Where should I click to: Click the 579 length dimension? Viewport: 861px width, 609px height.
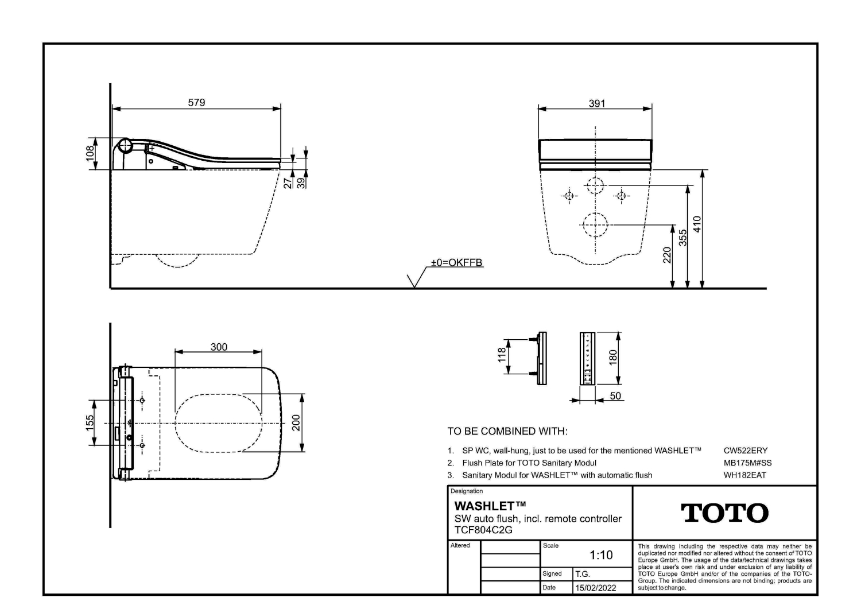coord(196,103)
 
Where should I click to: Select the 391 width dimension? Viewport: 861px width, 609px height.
coord(597,103)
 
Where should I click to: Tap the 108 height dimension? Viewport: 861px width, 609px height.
coord(90,153)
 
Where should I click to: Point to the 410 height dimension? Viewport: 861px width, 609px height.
coord(697,224)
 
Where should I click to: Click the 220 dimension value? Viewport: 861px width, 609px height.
coord(667,255)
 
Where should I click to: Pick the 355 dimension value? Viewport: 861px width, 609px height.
coord(682,238)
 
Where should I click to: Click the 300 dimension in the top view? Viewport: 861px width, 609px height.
coord(219,347)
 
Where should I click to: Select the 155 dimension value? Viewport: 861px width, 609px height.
coord(90,423)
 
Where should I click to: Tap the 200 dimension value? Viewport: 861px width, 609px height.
coord(296,423)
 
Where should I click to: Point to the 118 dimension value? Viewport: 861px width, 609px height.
coord(502,355)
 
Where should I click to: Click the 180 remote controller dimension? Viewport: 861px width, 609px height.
coord(613,358)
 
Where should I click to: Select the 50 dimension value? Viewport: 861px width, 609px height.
coord(615,396)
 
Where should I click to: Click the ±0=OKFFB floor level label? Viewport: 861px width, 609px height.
coord(457,262)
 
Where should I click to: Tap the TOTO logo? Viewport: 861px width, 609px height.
coord(724,513)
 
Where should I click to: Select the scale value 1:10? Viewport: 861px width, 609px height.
coord(601,555)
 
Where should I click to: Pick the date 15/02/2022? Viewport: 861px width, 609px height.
coord(595,588)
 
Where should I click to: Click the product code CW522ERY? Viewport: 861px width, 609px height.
coord(746,451)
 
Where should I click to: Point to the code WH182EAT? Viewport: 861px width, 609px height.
coord(745,475)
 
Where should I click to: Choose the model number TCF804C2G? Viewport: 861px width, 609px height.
coord(483,530)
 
